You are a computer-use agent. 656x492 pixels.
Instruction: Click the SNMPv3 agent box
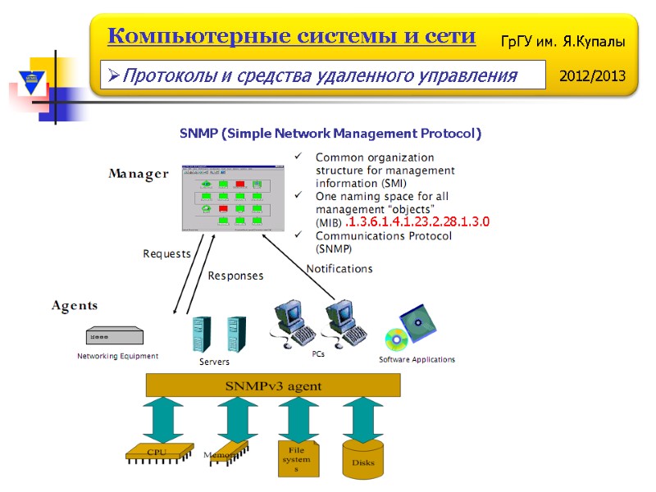click(x=273, y=385)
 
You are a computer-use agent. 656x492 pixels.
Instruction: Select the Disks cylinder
click(x=363, y=462)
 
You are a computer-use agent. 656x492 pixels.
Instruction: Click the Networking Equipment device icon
click(x=114, y=336)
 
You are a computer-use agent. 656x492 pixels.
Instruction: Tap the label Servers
click(x=215, y=362)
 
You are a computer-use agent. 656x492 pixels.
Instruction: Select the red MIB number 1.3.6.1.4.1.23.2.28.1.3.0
click(x=417, y=222)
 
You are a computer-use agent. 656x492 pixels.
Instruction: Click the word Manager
click(x=138, y=174)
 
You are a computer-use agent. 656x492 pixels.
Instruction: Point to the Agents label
click(x=75, y=306)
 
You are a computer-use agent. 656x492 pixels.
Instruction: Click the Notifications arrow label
click(x=339, y=269)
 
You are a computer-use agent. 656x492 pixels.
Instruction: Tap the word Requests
click(x=166, y=254)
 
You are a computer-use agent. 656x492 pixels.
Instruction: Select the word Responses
click(x=235, y=276)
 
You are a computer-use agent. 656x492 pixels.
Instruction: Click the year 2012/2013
click(x=592, y=76)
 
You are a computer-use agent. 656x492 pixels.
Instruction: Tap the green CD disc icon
click(x=396, y=339)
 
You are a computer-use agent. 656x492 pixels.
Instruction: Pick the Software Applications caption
click(x=417, y=360)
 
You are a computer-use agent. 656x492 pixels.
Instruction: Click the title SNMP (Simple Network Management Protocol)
click(x=330, y=133)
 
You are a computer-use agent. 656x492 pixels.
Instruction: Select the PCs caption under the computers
click(x=319, y=353)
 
